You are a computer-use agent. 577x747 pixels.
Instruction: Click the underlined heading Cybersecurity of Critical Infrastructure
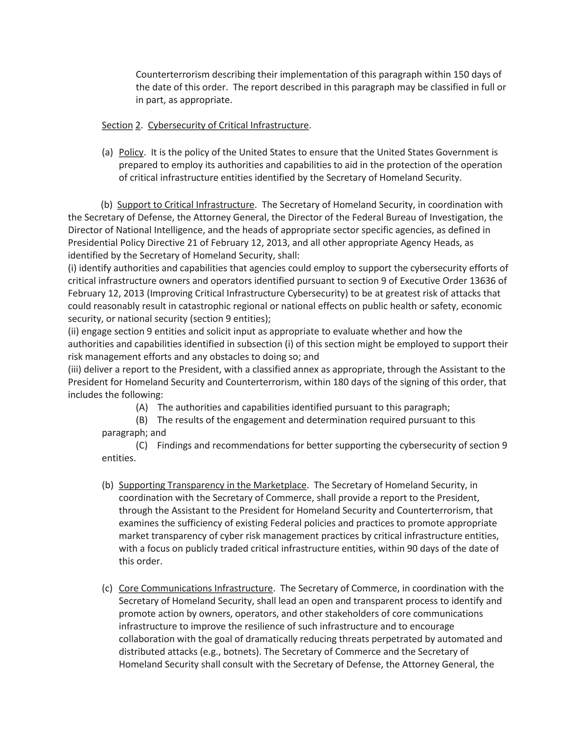[x=228, y=125]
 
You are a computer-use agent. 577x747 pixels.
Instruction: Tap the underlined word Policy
[x=131, y=152]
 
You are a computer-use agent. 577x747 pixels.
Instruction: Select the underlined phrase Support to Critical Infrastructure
[x=186, y=205]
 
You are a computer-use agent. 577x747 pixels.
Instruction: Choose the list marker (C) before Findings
[x=141, y=445]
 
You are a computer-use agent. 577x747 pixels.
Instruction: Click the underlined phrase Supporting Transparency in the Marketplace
[x=212, y=485]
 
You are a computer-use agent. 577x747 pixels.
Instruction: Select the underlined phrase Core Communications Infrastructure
[x=196, y=588]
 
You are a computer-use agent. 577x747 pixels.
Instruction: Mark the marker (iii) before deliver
[x=74, y=369]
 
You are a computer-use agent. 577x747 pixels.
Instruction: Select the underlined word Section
[x=117, y=125]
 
